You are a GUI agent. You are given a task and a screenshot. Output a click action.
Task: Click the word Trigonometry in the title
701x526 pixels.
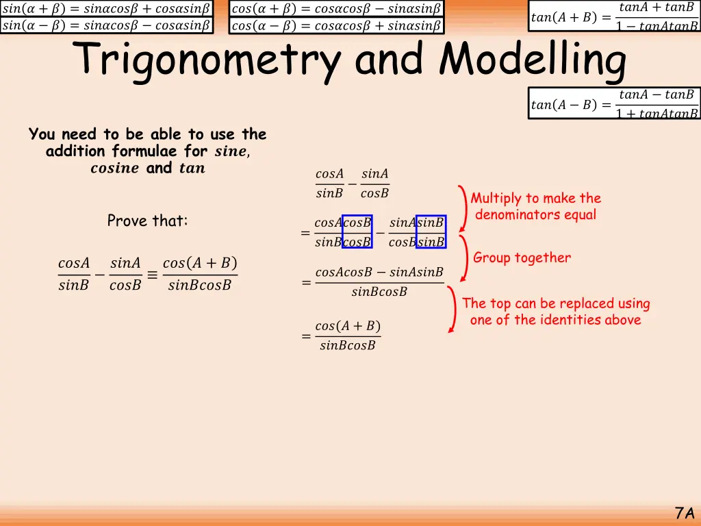tap(209, 61)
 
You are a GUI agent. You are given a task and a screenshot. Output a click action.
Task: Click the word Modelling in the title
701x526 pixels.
tap(533, 61)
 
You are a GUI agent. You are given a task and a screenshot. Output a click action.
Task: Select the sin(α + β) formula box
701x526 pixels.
tap(106, 9)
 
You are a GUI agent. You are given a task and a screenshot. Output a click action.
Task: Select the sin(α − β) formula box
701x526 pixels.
tap(106, 26)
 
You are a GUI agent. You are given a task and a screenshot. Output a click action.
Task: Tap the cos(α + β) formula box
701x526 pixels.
tap(336, 9)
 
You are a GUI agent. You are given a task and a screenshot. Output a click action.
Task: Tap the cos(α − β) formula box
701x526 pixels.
tap(336, 26)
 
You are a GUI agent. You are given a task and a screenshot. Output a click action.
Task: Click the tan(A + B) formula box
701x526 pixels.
tap(614, 17)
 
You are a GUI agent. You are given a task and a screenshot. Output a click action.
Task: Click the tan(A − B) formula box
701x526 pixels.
tap(614, 103)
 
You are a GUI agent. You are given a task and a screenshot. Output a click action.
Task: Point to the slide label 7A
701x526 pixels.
tap(684, 512)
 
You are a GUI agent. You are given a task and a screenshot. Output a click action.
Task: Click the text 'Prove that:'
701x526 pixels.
tap(147, 221)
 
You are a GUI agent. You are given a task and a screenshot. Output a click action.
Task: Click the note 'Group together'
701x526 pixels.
tap(522, 258)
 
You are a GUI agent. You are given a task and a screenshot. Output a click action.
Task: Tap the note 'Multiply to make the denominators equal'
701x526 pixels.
tap(535, 206)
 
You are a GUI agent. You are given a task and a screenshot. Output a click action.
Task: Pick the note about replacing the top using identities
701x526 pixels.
tap(556, 312)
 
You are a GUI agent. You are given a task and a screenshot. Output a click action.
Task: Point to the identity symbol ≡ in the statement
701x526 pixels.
tap(151, 275)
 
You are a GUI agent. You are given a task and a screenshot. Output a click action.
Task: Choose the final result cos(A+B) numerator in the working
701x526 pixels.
tap(348, 325)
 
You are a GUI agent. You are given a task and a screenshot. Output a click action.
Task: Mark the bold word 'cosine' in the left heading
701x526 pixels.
tap(114, 168)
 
